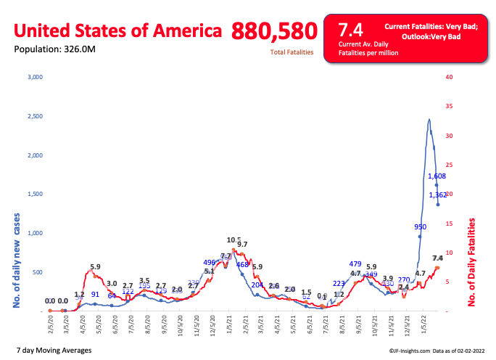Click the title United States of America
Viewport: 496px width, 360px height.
118,30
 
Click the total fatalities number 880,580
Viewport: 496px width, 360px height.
275,30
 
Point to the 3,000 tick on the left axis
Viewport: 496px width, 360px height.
34,76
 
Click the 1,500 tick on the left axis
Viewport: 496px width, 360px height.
34,194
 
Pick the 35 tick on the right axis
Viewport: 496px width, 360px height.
469,106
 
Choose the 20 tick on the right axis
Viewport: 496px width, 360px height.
469,194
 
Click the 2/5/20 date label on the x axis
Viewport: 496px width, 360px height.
50,323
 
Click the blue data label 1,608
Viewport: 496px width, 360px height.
437,176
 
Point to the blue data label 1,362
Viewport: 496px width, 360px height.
437,195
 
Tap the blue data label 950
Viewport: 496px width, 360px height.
419,227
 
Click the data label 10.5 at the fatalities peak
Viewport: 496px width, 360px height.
233,240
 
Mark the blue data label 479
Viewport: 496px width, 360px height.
355,264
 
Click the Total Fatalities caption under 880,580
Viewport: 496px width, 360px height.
292,52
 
